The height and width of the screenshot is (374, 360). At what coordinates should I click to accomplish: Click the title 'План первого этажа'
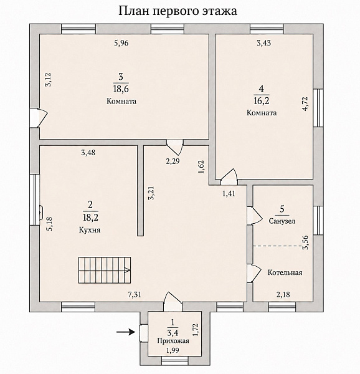click(178, 11)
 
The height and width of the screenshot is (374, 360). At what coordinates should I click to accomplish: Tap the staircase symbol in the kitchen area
click(105, 270)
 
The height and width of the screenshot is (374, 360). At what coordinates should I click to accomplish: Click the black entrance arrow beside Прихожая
click(126, 332)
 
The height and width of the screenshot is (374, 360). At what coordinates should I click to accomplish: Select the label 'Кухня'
click(90, 230)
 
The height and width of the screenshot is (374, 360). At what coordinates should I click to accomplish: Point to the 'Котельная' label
click(285, 272)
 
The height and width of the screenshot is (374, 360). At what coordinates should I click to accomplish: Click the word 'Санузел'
click(282, 221)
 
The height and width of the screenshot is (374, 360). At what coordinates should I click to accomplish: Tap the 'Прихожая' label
click(173, 340)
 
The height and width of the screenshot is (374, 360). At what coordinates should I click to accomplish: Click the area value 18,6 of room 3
click(121, 89)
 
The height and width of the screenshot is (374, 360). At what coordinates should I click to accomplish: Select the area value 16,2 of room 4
click(262, 100)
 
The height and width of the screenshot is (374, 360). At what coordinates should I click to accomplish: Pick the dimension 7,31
click(135, 295)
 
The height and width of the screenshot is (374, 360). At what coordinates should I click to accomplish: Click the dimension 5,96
click(121, 43)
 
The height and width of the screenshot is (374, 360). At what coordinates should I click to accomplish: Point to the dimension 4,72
click(305, 103)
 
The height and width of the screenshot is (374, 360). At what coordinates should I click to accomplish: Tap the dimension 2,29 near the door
click(173, 161)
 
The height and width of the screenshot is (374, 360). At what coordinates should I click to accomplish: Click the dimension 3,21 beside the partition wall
click(151, 193)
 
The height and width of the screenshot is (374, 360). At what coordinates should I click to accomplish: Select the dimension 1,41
click(229, 193)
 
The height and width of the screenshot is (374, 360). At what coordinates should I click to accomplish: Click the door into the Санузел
click(255, 216)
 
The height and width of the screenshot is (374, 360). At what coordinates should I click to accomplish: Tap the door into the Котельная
click(254, 273)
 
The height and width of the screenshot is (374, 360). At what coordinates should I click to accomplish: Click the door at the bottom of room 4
click(229, 177)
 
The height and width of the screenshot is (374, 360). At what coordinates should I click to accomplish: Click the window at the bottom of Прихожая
click(173, 360)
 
